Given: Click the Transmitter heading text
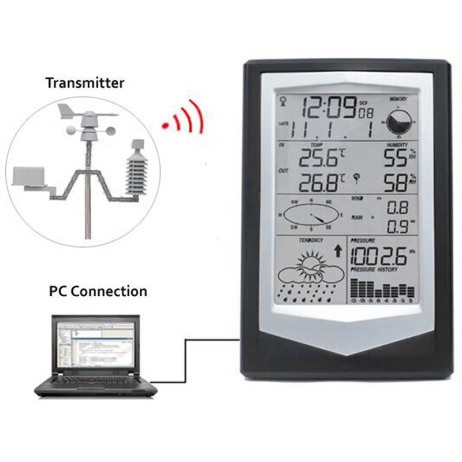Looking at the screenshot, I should (x=85, y=83).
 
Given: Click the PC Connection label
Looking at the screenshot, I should (x=98, y=290).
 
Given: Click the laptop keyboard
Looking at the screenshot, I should (x=95, y=381).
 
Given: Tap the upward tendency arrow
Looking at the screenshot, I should (x=337, y=250).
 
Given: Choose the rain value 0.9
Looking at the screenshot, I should (x=397, y=224).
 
